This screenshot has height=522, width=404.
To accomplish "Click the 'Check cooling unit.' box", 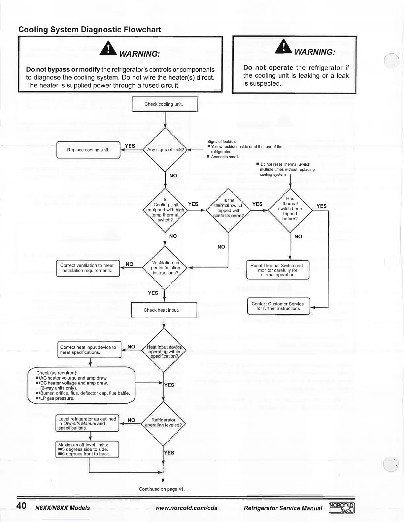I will coord(165,104).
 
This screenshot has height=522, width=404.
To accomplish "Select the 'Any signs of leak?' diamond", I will coord(165,150).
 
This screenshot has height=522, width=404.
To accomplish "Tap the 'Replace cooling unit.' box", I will coord(88,150).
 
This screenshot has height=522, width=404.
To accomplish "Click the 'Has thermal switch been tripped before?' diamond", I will coord(290,209).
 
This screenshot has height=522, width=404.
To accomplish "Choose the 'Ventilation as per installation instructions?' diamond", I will coord(165,268).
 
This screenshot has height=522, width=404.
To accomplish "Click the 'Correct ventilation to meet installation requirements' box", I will coord(88,268).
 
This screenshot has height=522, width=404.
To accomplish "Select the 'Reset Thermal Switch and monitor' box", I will coord(278,270).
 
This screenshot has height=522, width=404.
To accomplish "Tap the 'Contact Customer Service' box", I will coord(278,306).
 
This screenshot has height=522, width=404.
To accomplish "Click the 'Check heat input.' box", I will coord(164,310).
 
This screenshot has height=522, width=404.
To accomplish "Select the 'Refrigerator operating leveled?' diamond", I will coord(163,423).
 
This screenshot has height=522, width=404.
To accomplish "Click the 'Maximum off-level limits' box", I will coord(87,449).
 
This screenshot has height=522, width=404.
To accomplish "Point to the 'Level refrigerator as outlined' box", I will coord(87,423).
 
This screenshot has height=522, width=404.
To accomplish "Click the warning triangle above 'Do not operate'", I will coord(284,46).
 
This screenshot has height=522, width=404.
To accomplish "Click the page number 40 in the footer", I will coord(21,506).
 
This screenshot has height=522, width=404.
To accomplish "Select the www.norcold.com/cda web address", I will coord(186,508).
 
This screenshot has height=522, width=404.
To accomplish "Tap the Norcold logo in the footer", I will coord(342,508).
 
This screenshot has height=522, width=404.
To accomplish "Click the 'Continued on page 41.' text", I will coord(161,489).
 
